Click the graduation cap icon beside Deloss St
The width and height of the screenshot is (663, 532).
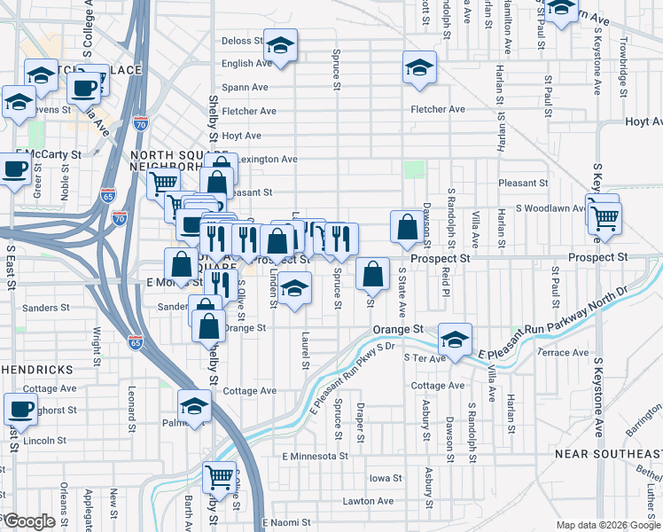pyautogui.click(x=281, y=45)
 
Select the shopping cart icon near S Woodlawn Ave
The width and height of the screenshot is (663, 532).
pyautogui.click(x=604, y=216)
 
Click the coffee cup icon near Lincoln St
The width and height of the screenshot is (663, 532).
pyautogui.click(x=19, y=410)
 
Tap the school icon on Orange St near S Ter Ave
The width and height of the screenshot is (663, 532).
pyautogui.click(x=455, y=340)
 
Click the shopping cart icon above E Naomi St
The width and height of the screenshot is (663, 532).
pyautogui.click(x=219, y=478)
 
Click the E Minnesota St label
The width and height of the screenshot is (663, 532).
pyautogui.click(x=315, y=456)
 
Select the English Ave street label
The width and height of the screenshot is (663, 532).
pyautogui.click(x=246, y=64)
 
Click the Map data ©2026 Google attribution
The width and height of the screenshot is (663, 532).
pyautogui.click(x=607, y=525)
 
